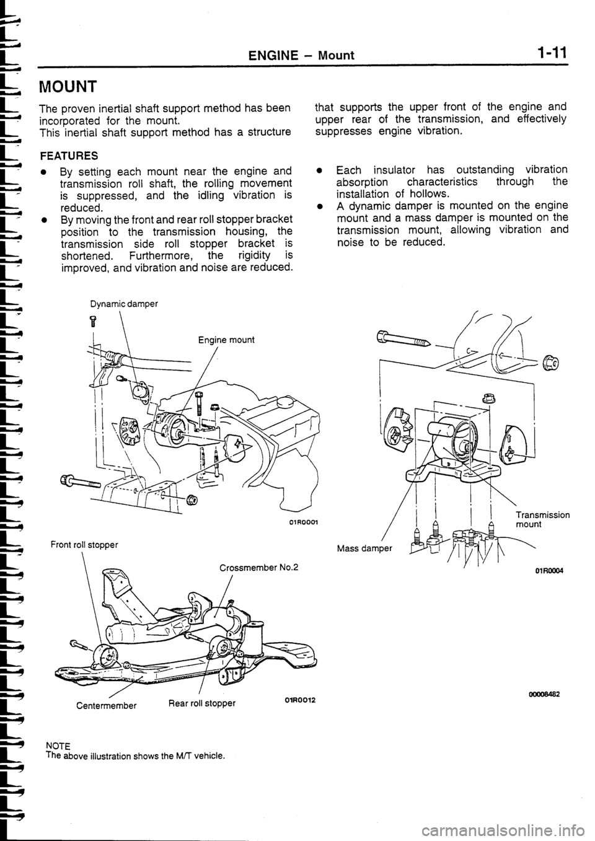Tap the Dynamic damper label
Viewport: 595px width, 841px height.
pyautogui.click(x=124, y=304)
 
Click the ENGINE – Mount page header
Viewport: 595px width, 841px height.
pyautogui.click(x=301, y=55)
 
